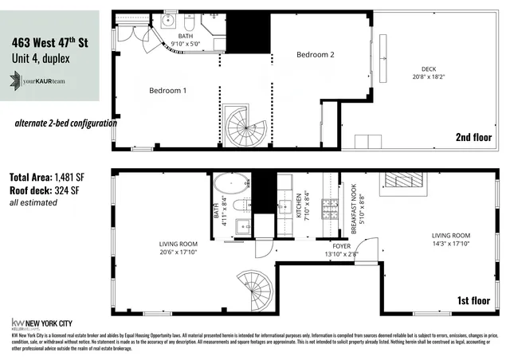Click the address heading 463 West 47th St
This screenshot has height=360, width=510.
point(49,42)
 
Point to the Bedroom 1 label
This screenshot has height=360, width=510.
point(167,91)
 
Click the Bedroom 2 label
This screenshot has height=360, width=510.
point(315,55)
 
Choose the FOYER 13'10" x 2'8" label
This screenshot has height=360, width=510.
point(341,250)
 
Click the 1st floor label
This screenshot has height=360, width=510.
point(474,300)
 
